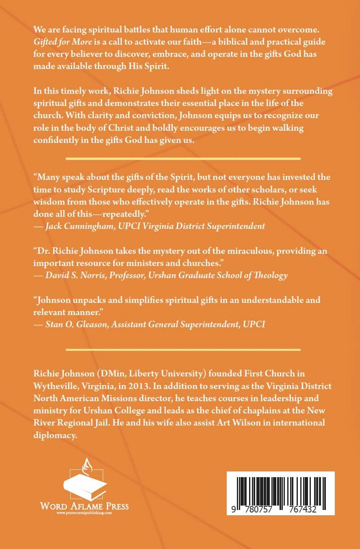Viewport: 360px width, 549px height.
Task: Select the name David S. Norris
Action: point(69,275)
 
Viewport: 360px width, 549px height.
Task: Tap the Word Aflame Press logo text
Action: point(84,506)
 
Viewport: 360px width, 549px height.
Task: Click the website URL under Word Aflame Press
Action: point(84,513)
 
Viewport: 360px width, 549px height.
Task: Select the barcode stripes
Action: point(280,489)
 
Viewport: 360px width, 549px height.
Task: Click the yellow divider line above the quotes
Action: point(183,158)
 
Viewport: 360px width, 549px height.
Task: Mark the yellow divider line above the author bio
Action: point(183,349)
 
